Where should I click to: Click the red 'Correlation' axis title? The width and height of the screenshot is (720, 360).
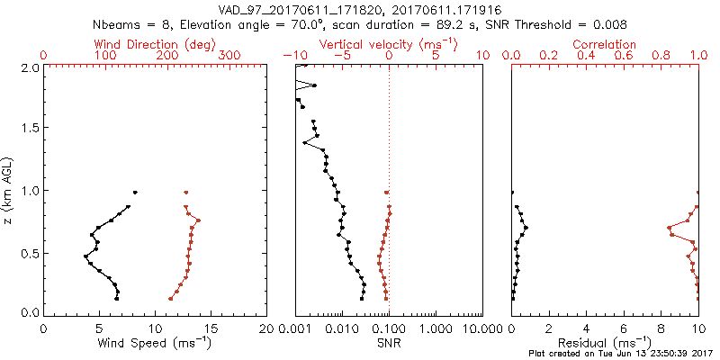pyautogui.click(x=605, y=44)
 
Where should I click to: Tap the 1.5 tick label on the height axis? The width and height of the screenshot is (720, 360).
pyautogui.click(x=29, y=129)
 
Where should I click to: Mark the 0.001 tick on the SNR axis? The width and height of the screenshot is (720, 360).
pyautogui.click(x=296, y=328)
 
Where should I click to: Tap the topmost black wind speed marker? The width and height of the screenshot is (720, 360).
pyautogui.click(x=135, y=192)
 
